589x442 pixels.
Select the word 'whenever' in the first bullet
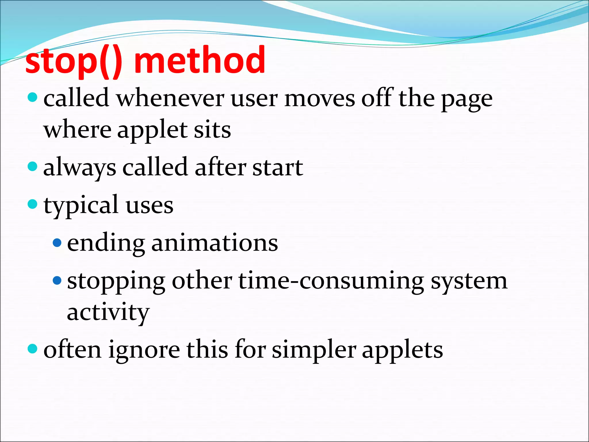tap(170, 99)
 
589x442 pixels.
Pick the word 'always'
tap(80, 168)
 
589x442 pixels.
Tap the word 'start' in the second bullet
tap(278, 168)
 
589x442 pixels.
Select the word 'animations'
tap(215, 243)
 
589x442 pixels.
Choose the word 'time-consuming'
tap(331, 281)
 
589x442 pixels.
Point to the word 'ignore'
tap(144, 350)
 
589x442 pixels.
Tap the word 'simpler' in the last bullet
tap(314, 350)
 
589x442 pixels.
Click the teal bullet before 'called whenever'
tap(32, 97)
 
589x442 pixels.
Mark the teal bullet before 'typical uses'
tap(32, 204)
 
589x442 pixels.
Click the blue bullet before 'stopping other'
tap(57, 280)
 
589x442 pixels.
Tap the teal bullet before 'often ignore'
tap(32, 349)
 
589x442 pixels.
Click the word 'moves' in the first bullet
tap(320, 99)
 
